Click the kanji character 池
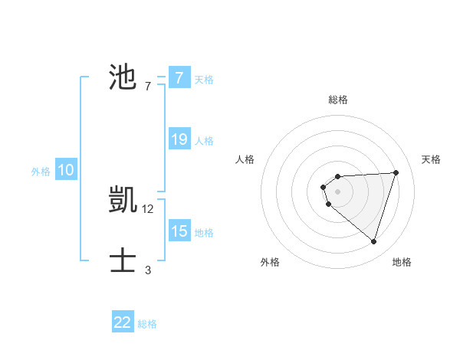tap(123, 79)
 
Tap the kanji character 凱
tap(123, 201)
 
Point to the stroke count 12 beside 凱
tap(148, 208)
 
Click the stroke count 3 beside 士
tap(148, 270)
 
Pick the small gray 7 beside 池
tap(148, 87)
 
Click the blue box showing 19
tap(179, 139)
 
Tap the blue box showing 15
tap(179, 231)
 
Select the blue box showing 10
tap(66, 170)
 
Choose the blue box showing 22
tap(123, 322)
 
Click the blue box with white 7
tap(179, 77)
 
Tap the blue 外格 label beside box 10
tap(41, 172)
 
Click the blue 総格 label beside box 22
tap(147, 324)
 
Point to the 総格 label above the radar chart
tap(338, 100)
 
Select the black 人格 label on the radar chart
tap(245, 159)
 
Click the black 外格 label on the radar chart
tap(270, 262)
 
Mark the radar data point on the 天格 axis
tap(396, 172)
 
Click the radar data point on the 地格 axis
tap(373, 241)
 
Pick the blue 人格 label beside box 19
tap(204, 141)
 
